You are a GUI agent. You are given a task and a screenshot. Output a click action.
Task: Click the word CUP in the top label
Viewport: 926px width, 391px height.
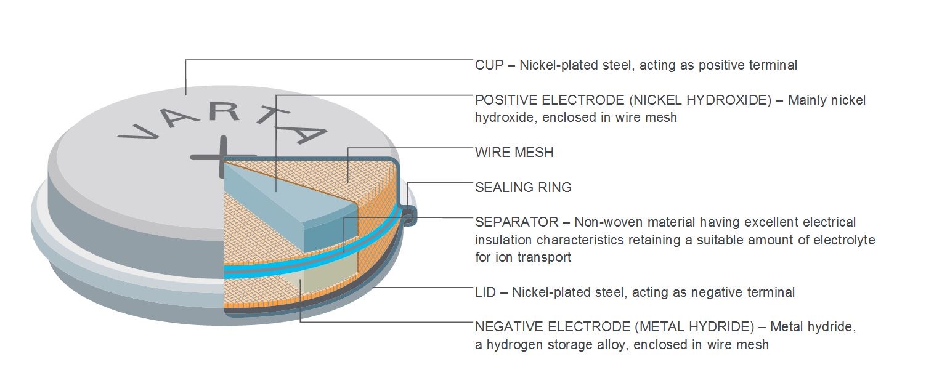(489, 65)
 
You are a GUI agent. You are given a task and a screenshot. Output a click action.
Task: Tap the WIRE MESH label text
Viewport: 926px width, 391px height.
(514, 153)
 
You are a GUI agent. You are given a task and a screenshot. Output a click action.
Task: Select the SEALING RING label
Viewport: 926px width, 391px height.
(523, 188)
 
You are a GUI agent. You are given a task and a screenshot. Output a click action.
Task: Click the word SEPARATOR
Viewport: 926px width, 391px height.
(517, 222)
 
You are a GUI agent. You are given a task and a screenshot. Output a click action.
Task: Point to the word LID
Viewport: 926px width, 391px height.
(485, 292)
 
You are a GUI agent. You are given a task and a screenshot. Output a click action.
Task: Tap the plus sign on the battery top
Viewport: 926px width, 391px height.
(223, 156)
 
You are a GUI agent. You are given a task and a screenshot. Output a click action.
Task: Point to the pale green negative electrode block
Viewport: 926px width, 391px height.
(327, 274)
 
